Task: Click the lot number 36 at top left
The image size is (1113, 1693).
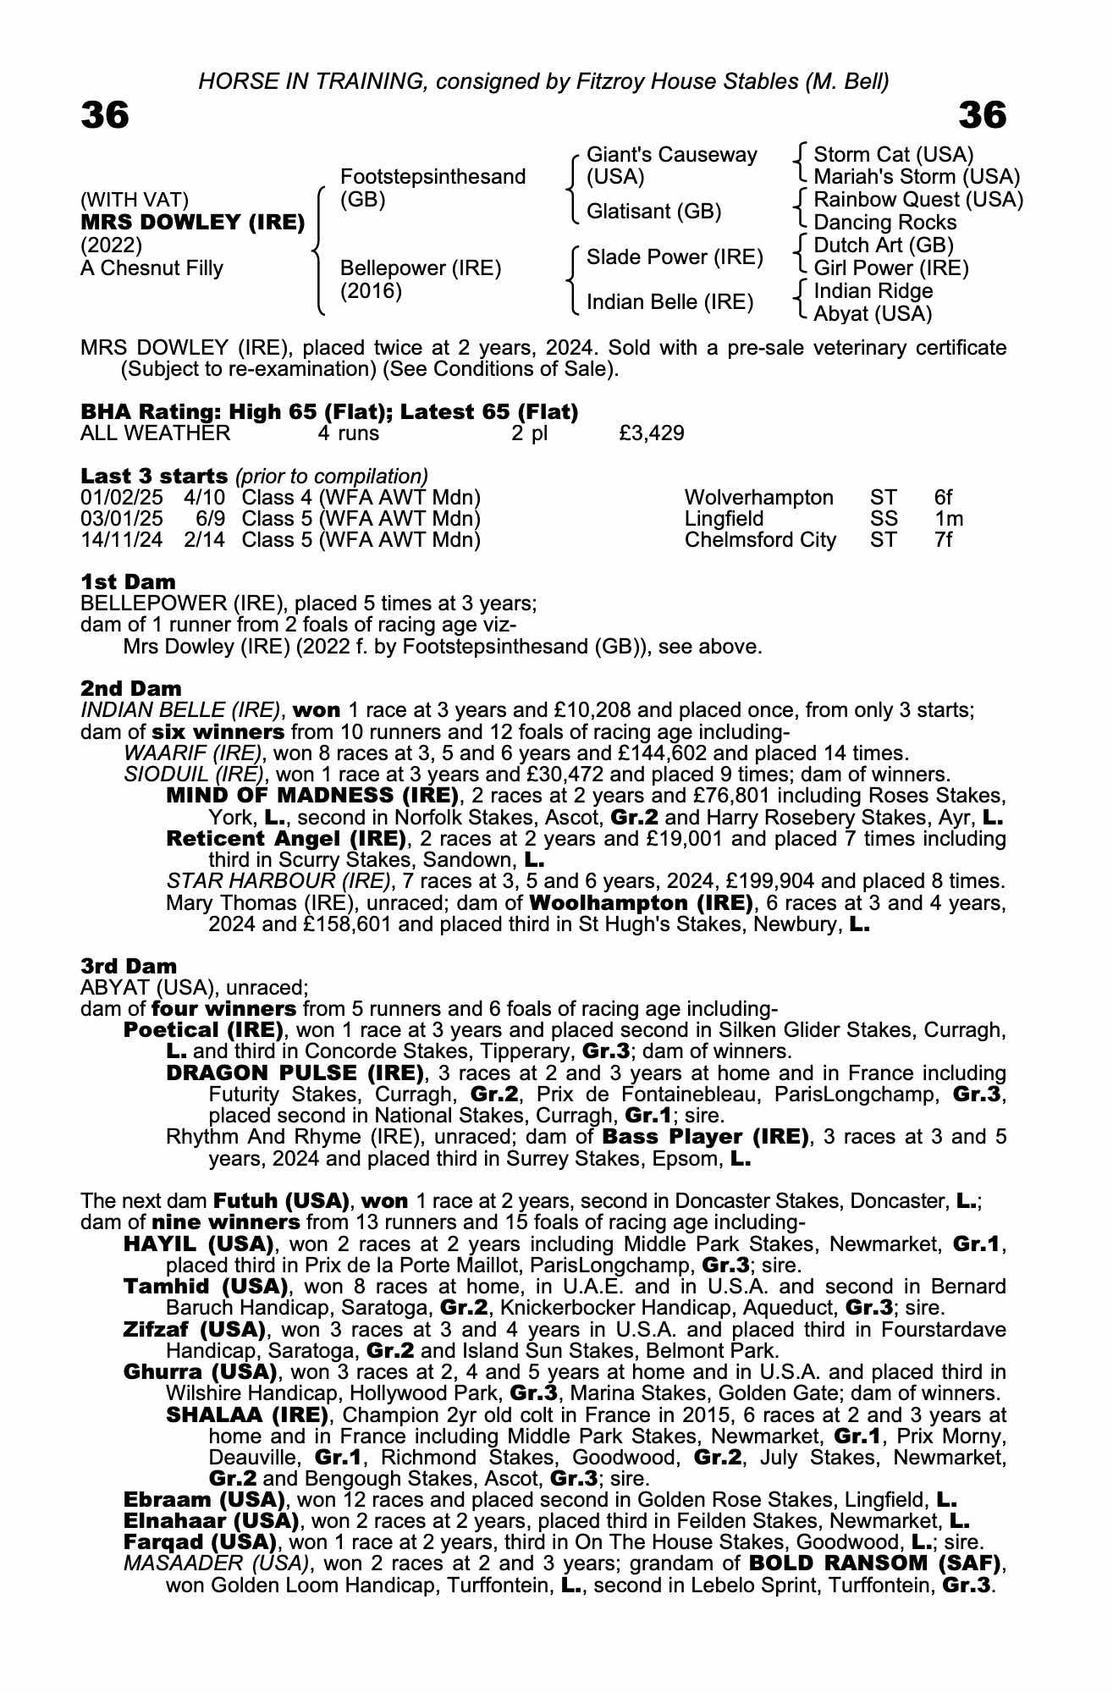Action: pyautogui.click(x=105, y=115)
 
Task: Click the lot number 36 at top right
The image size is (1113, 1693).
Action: pyautogui.click(x=983, y=115)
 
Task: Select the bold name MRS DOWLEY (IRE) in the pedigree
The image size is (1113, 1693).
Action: pyautogui.click(x=193, y=223)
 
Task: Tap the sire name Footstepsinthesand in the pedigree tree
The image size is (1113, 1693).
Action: pyautogui.click(x=433, y=177)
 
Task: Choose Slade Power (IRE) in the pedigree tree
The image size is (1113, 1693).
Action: pyautogui.click(x=675, y=257)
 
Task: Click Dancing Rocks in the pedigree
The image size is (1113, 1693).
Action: pyautogui.click(x=884, y=223)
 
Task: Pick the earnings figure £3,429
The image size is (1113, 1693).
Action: pyautogui.click(x=652, y=433)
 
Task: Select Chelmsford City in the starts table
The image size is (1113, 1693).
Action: pyautogui.click(x=759, y=540)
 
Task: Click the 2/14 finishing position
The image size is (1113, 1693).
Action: pyautogui.click(x=204, y=540)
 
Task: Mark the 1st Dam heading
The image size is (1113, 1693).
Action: pyautogui.click(x=128, y=582)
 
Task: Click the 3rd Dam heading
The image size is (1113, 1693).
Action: pyautogui.click(x=129, y=966)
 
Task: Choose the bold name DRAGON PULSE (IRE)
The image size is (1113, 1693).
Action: pyautogui.click(x=295, y=1073)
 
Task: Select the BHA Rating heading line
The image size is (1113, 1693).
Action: pyautogui.click(x=329, y=412)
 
